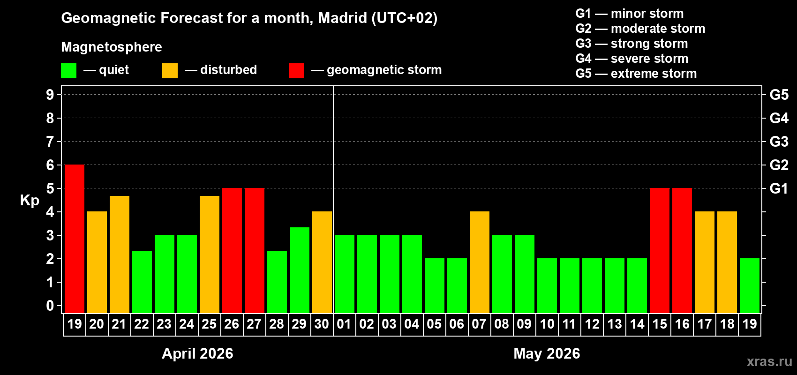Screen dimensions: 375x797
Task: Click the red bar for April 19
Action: tap(75, 239)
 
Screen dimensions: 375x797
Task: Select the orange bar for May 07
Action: tap(480, 262)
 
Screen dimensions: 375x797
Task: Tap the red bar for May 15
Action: tap(660, 251)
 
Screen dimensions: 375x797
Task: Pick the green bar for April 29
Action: tap(300, 270)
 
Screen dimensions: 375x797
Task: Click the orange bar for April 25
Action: tap(210, 255)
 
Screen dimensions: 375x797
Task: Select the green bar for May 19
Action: tap(750, 286)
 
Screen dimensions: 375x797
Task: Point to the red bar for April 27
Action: tap(255, 251)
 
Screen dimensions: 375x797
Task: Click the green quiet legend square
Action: tap(69, 71)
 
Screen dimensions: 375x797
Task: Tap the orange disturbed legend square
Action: tap(170, 71)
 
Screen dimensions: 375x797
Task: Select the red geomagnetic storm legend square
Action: tap(297, 71)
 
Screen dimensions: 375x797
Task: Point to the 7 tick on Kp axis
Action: tap(50, 142)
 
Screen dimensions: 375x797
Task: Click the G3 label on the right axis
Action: tap(779, 142)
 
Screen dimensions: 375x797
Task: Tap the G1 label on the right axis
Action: tap(779, 188)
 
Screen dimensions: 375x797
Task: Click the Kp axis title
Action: tap(30, 201)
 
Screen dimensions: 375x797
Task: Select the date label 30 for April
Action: tap(322, 324)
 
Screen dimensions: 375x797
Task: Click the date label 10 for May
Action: tap(547, 324)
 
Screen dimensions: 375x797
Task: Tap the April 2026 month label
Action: tap(197, 353)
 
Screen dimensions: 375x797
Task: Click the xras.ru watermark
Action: tap(769, 361)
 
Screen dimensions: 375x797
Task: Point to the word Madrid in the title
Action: tap(342, 18)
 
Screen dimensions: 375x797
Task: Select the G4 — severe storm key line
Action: tap(632, 59)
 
